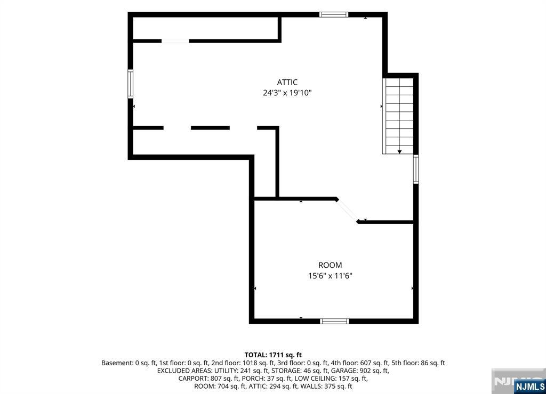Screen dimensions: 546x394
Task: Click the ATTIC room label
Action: pyautogui.click(x=287, y=83)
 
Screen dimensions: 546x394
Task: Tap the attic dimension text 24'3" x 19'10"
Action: pyautogui.click(x=287, y=93)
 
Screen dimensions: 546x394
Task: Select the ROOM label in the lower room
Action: pyautogui.click(x=330, y=265)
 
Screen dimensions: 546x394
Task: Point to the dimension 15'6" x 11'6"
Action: pyautogui.click(x=330, y=276)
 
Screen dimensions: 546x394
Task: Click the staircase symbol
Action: pyautogui.click(x=398, y=116)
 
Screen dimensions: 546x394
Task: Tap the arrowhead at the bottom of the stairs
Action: pyautogui.click(x=399, y=152)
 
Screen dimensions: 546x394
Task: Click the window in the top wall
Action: pyautogui.click(x=334, y=14)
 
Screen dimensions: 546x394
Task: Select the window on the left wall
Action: pyautogui.click(x=130, y=84)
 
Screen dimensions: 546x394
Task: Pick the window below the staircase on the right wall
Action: pyautogui.click(x=416, y=169)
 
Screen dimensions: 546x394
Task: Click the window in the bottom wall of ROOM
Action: pyautogui.click(x=334, y=321)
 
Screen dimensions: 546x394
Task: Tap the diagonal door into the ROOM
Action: pyautogui.click(x=347, y=210)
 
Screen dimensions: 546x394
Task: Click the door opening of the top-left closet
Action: pyautogui.click(x=175, y=41)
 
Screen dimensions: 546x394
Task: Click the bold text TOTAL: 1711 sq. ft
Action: pyautogui.click(x=273, y=355)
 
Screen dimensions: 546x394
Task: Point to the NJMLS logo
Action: pyautogui.click(x=529, y=387)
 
